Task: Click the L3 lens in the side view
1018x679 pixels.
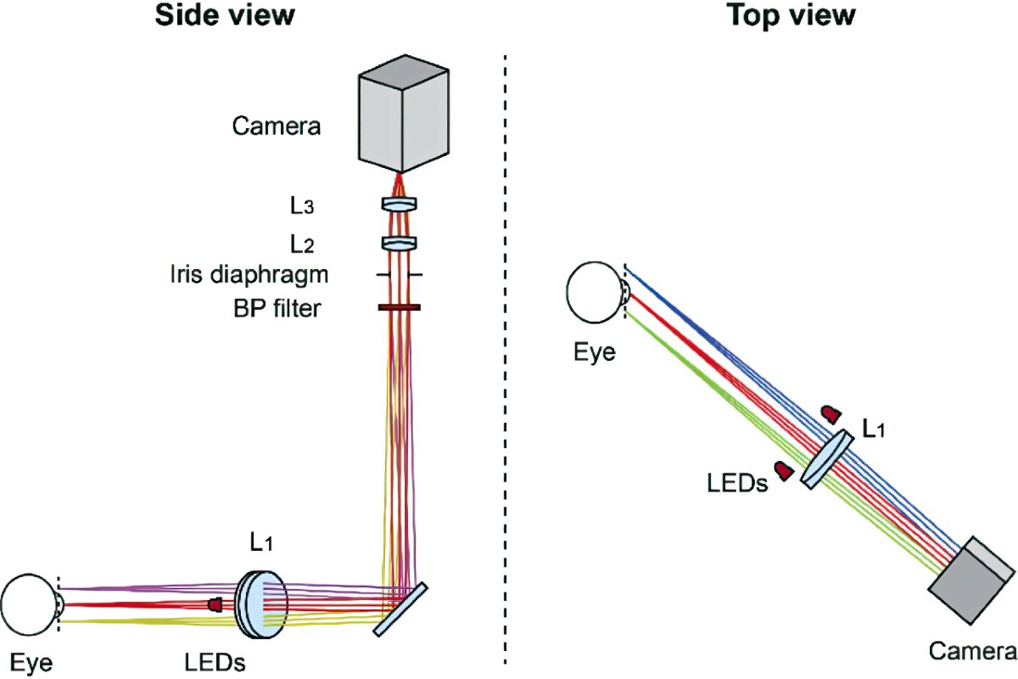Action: pos(397,205)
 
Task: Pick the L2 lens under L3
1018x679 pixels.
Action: pos(397,244)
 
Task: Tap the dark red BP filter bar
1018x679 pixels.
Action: pos(397,307)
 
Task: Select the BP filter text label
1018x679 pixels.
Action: pos(277,308)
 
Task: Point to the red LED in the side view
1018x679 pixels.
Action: pos(215,605)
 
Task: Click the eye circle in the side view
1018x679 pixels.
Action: pos(28,604)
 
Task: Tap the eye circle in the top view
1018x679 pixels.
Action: pos(595,294)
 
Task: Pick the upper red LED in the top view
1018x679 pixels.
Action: pos(831,413)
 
